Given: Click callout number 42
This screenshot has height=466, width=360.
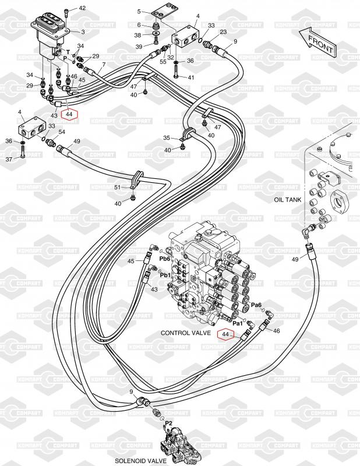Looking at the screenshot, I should pos(82,8).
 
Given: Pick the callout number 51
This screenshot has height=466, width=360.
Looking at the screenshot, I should pos(117,187).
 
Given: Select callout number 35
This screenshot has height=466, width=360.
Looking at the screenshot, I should pos(166,138).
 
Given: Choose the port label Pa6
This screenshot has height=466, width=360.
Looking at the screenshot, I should pos(256,305).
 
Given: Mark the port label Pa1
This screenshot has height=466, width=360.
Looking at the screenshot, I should pos(238,322).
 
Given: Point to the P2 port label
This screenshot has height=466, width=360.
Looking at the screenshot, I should pos(169,423).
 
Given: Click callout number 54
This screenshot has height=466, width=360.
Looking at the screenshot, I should pos(61,133).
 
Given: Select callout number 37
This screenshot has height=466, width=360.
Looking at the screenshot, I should pos(9,160).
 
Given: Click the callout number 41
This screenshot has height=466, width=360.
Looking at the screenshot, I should pos(190,77).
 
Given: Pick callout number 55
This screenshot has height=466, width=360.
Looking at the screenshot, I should pos(163,61).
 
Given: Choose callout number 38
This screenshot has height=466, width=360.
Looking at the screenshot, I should pos(137,36).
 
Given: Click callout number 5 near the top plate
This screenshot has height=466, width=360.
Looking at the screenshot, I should pos(139,11).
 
